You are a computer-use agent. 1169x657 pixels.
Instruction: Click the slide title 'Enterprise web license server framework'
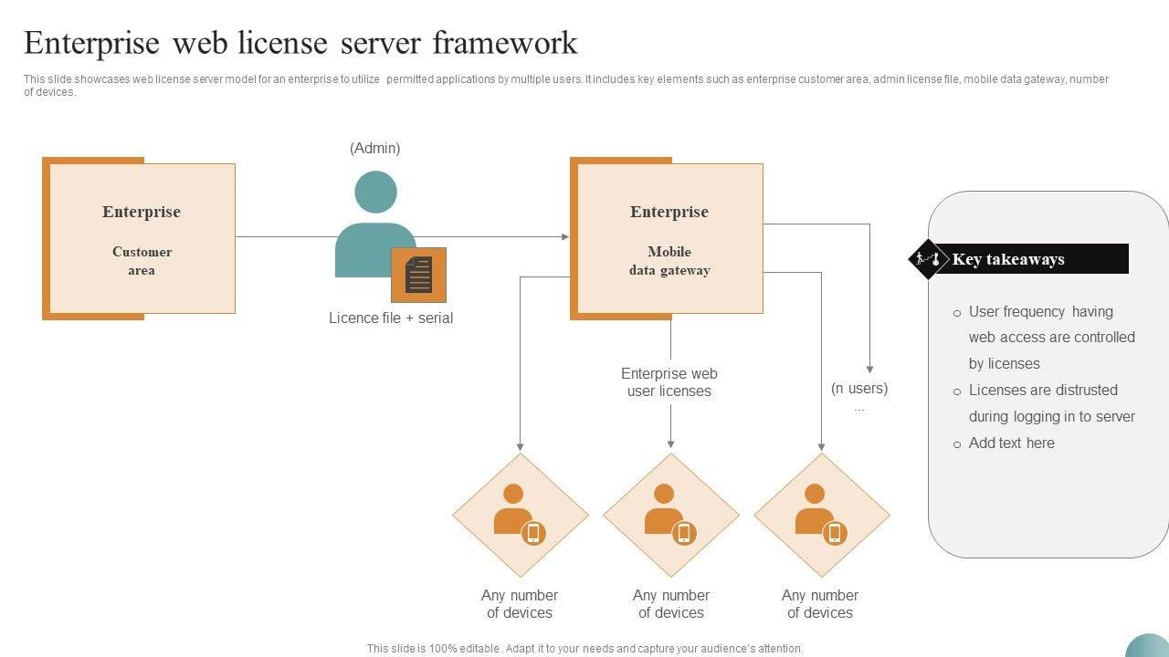tap(300, 43)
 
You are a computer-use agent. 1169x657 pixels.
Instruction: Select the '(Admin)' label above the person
tap(374, 148)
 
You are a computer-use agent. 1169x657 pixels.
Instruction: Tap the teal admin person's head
tap(375, 192)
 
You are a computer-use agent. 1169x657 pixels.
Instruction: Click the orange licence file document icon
tap(418, 275)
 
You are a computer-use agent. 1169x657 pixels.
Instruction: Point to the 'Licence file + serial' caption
tap(391, 318)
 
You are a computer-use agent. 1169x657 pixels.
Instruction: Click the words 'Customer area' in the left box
tap(142, 261)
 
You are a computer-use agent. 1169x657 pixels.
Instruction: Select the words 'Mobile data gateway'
tap(669, 261)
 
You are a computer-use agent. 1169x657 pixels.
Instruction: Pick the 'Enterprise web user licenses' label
tap(669, 382)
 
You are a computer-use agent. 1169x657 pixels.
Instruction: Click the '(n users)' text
tap(859, 388)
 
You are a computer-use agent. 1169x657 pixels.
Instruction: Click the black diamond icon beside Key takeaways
tap(928, 259)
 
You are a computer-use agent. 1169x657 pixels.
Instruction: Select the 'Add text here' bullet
tap(1011, 443)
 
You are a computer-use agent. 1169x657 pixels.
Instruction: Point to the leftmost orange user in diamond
tap(513, 509)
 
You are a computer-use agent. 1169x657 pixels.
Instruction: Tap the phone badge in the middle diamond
tap(684, 533)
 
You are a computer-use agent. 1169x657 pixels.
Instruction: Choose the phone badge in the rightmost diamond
tap(834, 533)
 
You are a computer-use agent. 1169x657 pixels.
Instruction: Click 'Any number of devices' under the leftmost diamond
tap(520, 604)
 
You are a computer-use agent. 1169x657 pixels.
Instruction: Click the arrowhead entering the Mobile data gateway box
tap(565, 237)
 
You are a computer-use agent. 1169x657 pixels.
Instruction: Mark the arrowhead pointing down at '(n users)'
tap(869, 369)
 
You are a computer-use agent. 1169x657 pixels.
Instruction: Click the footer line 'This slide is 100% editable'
tap(584, 649)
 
